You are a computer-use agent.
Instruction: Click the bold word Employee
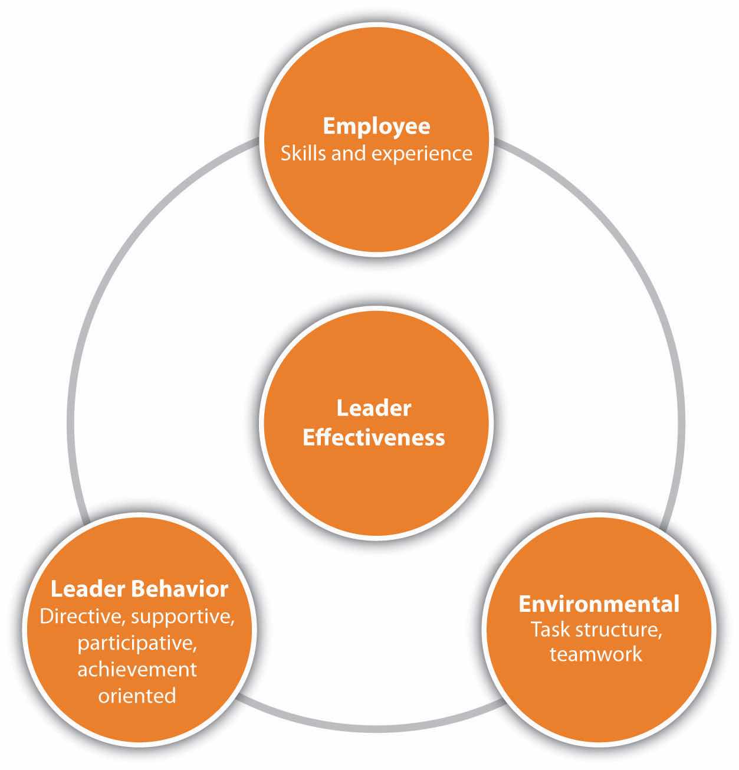[376, 127]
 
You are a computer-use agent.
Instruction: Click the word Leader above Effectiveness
[373, 408]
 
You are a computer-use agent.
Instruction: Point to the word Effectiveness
[373, 438]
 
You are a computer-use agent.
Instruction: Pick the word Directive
[82, 617]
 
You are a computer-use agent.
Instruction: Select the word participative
[137, 644]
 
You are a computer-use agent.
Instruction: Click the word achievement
[137, 670]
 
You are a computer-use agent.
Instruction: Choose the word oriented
[137, 696]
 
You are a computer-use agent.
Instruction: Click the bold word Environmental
[599, 604]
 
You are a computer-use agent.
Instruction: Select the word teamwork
[596, 654]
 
